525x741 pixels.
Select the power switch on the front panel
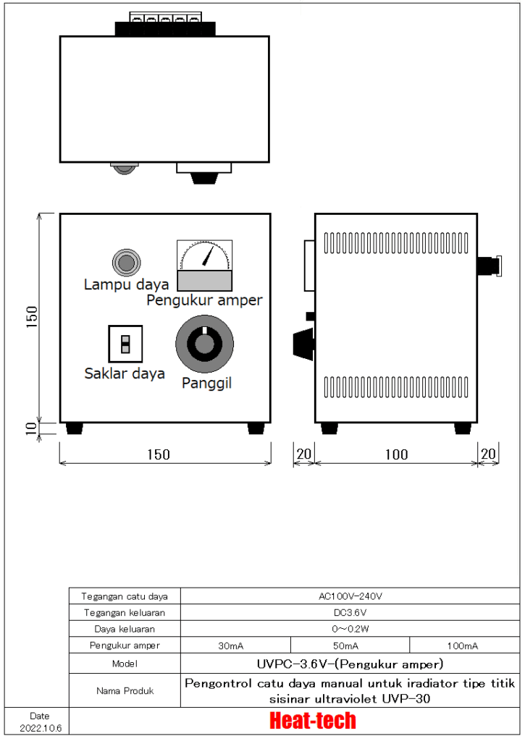(x=125, y=344)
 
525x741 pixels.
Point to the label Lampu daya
(x=126, y=284)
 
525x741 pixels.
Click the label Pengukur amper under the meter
(x=204, y=300)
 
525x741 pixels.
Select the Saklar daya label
(x=125, y=373)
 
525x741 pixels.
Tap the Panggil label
(x=206, y=383)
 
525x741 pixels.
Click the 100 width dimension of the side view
(x=396, y=454)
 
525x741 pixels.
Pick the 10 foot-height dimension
(x=31, y=428)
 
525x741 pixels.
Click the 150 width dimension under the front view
(x=158, y=454)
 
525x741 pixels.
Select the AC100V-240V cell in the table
(x=350, y=596)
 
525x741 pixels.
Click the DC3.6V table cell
(x=350, y=612)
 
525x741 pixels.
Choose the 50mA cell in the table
(x=350, y=645)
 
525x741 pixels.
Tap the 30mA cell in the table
(x=235, y=645)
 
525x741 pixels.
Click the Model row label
(x=125, y=664)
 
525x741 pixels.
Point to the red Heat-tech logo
(x=313, y=721)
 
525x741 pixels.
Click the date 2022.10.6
(x=41, y=726)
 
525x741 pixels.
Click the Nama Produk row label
(x=125, y=690)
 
